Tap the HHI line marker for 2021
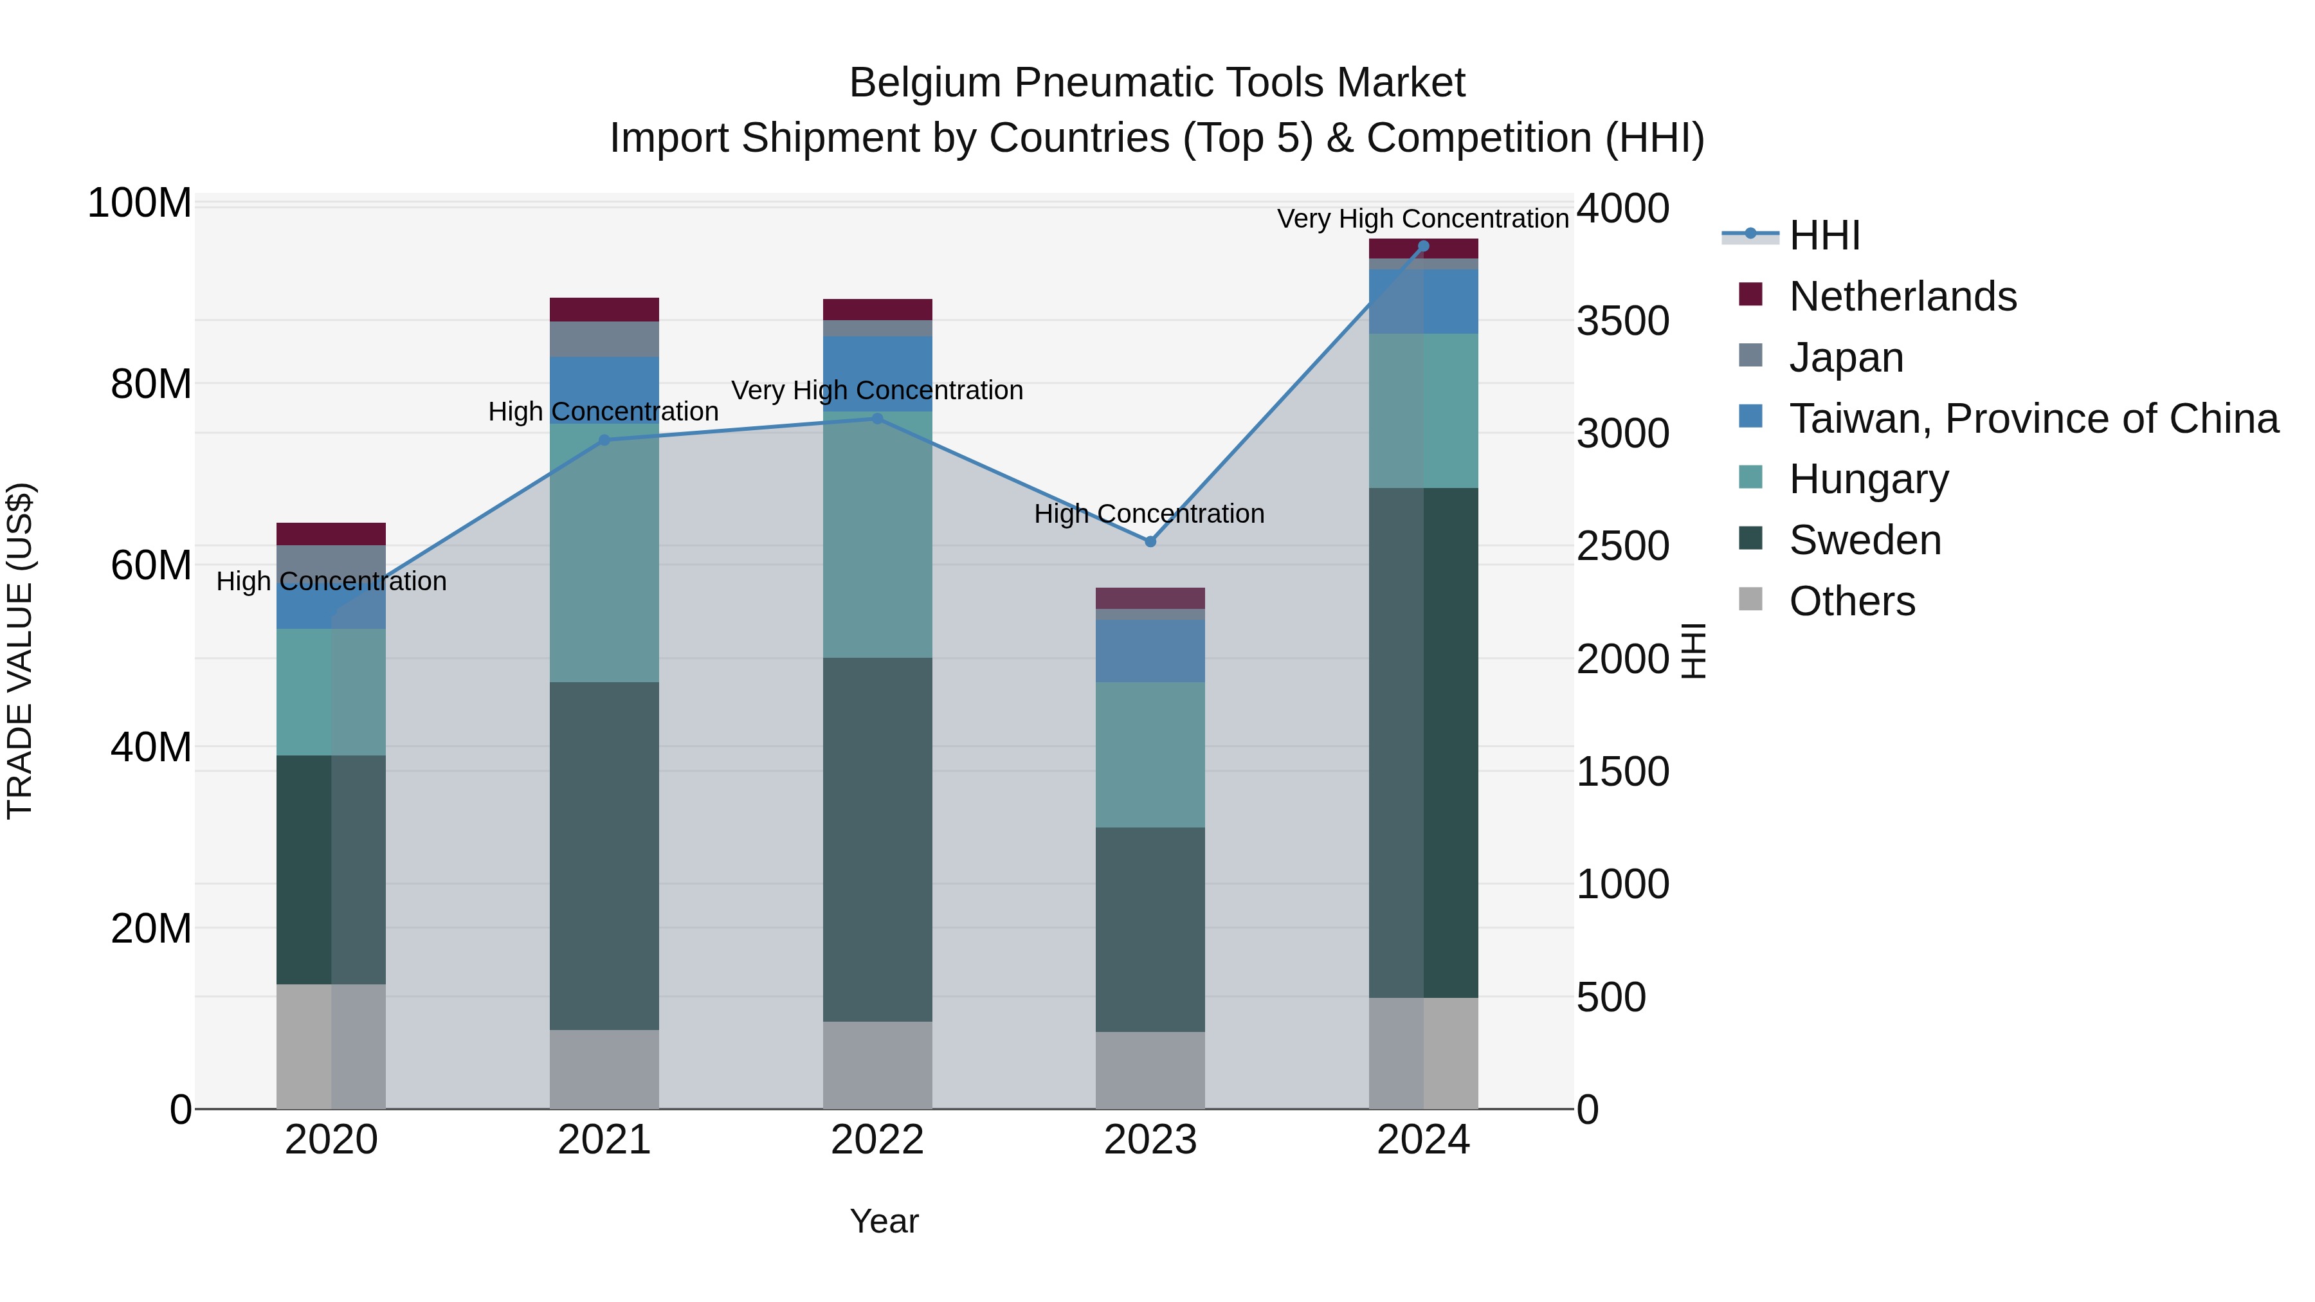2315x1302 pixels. pos(604,440)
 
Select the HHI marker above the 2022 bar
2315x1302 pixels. pos(877,419)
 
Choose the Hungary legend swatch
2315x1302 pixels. pos(1750,478)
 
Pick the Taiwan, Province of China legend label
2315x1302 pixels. pos(2033,419)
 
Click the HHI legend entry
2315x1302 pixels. pos(1824,235)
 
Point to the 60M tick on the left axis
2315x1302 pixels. pos(151,565)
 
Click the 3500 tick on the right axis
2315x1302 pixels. pos(1622,321)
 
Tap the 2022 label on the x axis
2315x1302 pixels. pos(877,1140)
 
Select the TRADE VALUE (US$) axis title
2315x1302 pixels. pos(20,651)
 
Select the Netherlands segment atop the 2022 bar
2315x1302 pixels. pos(877,310)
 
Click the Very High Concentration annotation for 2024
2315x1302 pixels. pos(1422,219)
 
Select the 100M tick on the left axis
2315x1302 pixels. pos(140,204)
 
